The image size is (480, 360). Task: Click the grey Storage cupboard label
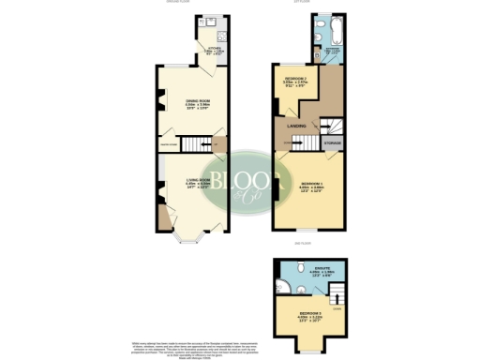coord(331,142)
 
